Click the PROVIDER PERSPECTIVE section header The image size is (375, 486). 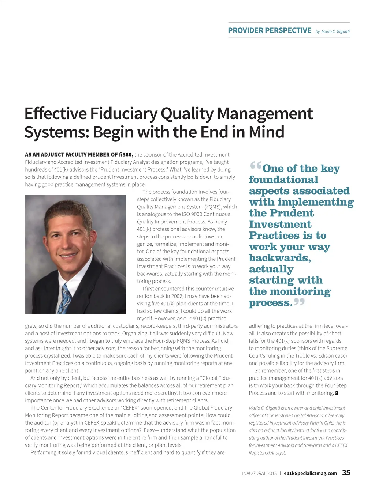pyautogui.click(x=270, y=30)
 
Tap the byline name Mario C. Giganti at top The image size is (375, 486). pyautogui.click(x=335, y=31)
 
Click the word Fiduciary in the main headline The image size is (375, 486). pyautogui.click(x=124, y=113)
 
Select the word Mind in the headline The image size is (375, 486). pyautogui.click(x=266, y=132)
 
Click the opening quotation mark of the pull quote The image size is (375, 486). pyautogui.click(x=256, y=166)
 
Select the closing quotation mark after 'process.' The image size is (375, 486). pyautogui.click(x=299, y=302)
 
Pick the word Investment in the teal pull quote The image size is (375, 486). pyautogui.click(x=280, y=224)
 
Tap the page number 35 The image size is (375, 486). pyautogui.click(x=346, y=472)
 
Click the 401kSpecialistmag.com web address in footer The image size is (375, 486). pyautogui.click(x=310, y=473)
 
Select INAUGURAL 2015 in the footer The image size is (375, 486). pyautogui.click(x=259, y=473)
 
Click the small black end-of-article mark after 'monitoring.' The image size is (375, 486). pyautogui.click(x=337, y=393)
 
